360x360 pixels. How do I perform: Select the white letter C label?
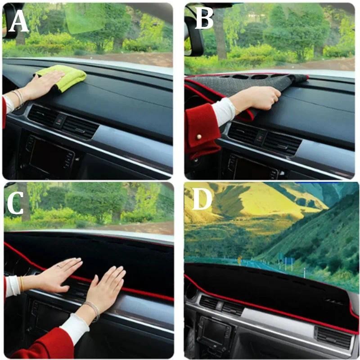[x=15, y=202]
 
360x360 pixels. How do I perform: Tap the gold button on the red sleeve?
[x=199, y=137]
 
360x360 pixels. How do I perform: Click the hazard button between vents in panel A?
[x=61, y=120]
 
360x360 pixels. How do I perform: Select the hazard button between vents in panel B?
[x=260, y=138]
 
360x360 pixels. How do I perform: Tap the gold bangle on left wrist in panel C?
[x=22, y=284]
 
